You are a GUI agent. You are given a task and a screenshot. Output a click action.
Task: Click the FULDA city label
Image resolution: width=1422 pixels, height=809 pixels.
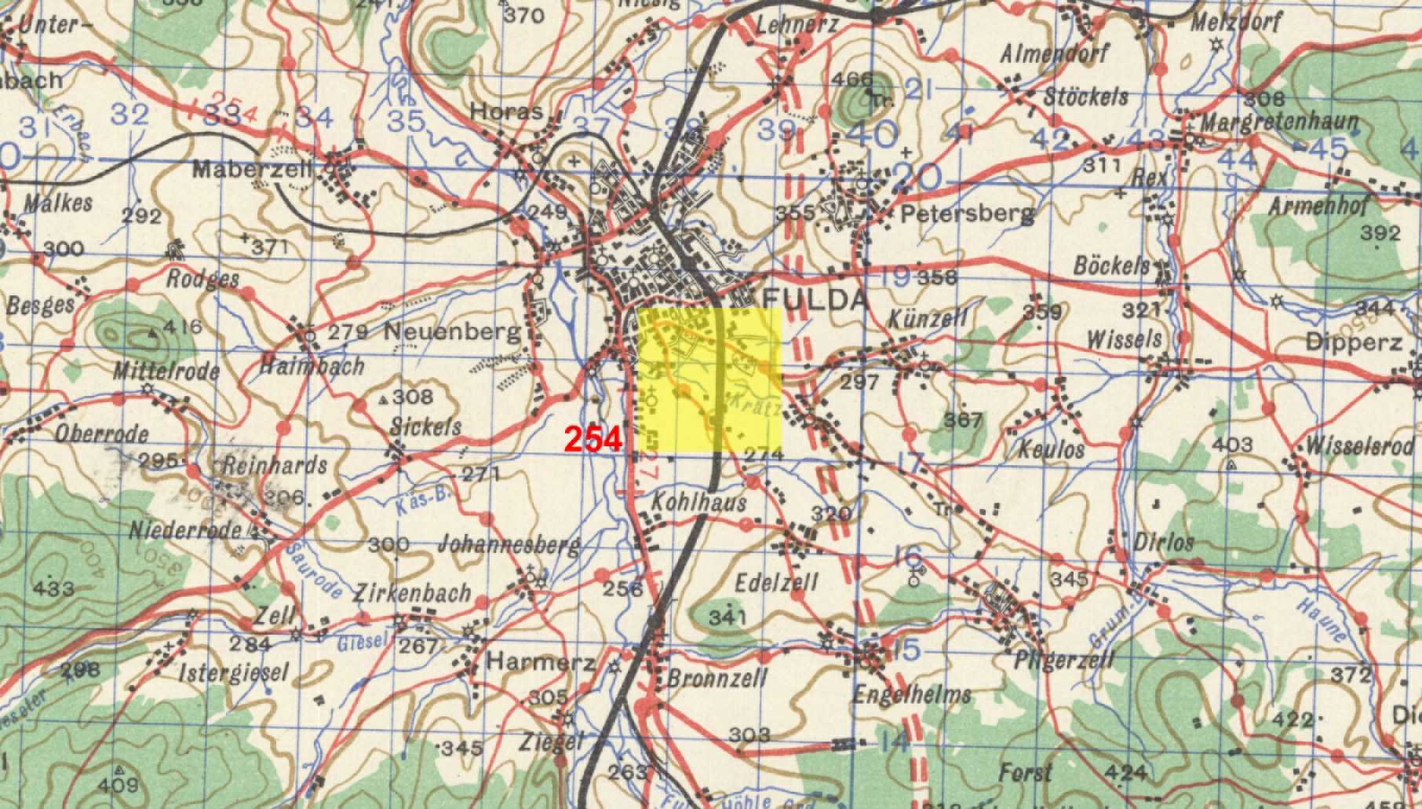click(815, 299)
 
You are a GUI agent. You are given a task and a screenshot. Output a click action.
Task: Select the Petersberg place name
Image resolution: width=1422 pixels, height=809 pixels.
click(967, 213)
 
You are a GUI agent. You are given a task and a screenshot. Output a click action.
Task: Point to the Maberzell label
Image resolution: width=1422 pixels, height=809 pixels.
click(253, 168)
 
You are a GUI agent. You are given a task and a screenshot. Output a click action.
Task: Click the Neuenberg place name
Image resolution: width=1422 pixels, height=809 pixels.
click(451, 332)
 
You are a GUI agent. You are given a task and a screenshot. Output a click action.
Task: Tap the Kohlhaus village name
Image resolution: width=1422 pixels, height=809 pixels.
click(698, 502)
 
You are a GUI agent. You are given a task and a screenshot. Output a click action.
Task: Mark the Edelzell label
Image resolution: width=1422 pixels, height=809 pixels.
click(776, 582)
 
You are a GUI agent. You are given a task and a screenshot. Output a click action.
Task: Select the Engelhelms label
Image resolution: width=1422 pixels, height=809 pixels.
click(911, 694)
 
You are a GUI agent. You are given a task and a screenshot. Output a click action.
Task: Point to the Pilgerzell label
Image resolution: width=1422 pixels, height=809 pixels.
click(1063, 658)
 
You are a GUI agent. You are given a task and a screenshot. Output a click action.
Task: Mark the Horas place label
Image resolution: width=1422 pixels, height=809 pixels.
click(506, 112)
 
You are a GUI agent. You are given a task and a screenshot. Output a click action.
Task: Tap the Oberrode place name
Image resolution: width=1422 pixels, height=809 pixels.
click(102, 434)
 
